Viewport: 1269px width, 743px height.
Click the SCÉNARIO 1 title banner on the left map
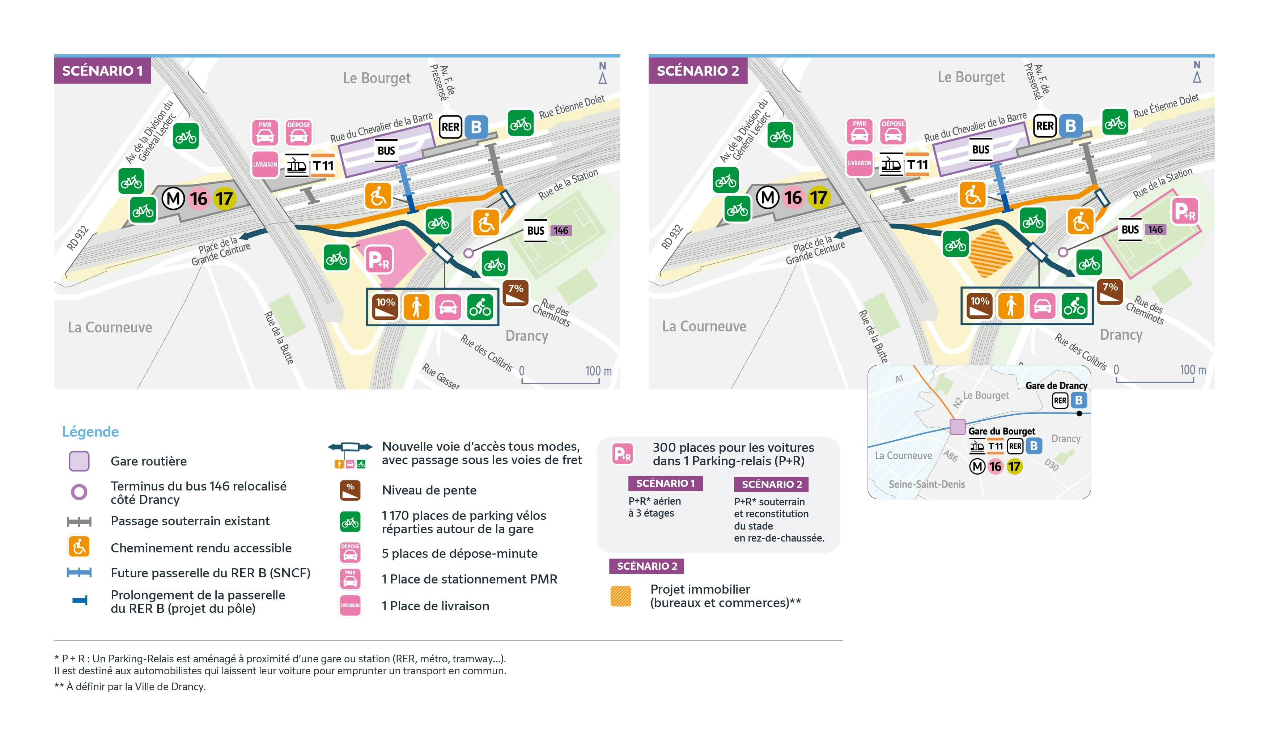tap(102, 71)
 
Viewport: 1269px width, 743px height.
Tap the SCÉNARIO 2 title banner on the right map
tap(697, 71)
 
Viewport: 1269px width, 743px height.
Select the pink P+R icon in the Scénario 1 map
tap(379, 260)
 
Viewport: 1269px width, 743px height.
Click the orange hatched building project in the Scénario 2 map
tap(990, 253)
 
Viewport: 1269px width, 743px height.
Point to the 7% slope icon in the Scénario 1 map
tap(515, 293)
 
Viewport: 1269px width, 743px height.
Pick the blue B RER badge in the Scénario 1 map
tap(476, 127)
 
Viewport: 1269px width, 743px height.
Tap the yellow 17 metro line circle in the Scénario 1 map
tap(224, 198)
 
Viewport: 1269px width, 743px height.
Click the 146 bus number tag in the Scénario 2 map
tap(1155, 230)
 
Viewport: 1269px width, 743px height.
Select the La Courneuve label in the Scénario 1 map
tap(110, 328)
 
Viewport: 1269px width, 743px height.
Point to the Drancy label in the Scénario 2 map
tap(1121, 335)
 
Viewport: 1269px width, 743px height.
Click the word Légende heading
tap(90, 432)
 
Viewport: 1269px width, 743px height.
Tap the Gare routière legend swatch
tap(79, 461)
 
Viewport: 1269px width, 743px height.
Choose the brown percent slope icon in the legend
tap(350, 490)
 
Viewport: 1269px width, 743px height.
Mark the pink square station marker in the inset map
tap(957, 427)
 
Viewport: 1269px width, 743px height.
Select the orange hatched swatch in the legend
tap(620, 596)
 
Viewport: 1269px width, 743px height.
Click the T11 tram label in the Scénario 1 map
tap(323, 166)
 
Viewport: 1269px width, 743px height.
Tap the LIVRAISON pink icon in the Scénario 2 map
tap(859, 163)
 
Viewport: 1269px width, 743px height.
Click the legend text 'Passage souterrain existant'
tap(190, 521)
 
